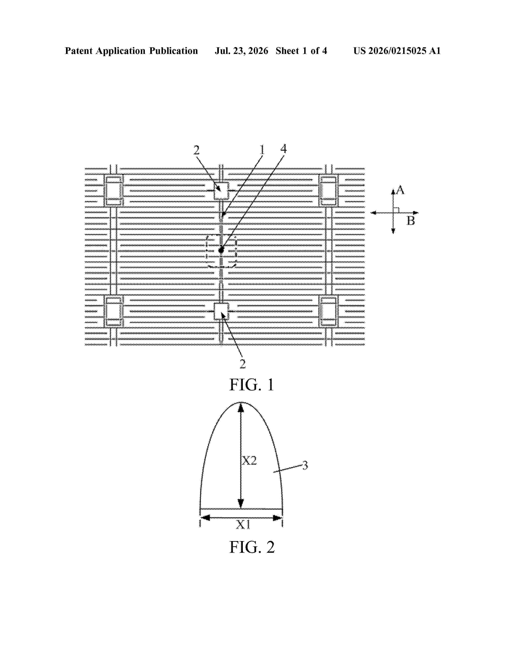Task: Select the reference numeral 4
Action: [283, 149]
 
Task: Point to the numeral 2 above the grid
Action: [197, 150]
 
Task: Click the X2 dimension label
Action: [249, 461]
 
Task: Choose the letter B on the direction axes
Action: [411, 220]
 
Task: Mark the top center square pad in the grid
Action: [221, 191]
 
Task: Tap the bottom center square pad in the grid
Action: [221, 311]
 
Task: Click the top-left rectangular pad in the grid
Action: [114, 190]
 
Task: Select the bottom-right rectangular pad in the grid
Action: [329, 311]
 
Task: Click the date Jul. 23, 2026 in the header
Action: [242, 51]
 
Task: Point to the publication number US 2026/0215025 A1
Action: [397, 51]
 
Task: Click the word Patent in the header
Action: [79, 51]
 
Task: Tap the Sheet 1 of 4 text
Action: [301, 51]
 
